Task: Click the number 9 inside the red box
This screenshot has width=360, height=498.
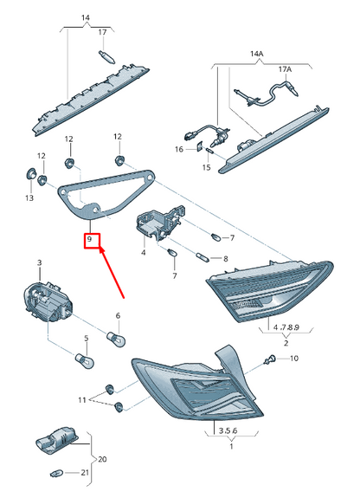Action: pos(89,239)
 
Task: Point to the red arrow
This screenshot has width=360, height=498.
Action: pos(112,273)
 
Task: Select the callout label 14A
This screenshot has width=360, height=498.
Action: pos(256,54)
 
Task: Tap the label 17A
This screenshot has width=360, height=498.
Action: pos(285,69)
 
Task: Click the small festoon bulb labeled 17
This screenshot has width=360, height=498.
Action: pos(106,56)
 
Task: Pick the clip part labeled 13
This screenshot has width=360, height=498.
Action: pos(31,174)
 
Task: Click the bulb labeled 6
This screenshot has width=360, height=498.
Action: pos(116,339)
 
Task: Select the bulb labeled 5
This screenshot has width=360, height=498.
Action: pos(84,361)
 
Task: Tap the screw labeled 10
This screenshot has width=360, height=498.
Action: pos(269,360)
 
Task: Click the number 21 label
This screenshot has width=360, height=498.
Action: pos(85,473)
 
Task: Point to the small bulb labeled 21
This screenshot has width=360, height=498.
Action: pos(56,474)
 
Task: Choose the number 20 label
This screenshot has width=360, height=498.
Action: pos(102,459)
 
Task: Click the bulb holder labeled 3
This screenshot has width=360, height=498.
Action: pos(48,301)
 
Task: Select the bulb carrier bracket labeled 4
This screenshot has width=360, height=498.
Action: pos(160,223)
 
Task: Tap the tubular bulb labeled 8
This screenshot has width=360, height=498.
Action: pos(203,257)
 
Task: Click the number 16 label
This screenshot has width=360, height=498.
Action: pos(179,149)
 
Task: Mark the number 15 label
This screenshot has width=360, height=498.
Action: pos(206,167)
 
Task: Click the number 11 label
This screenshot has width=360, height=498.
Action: pos(82,400)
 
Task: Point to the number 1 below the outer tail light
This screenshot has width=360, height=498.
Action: pos(231,446)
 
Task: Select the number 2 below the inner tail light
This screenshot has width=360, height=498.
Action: pos(286,343)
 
